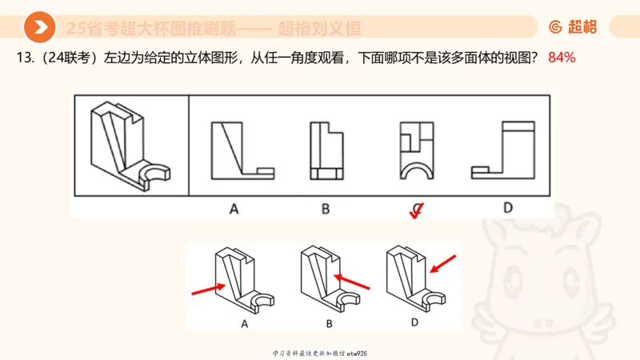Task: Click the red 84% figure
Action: [562, 58]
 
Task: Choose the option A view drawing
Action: [242, 150]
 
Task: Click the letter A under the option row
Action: [234, 209]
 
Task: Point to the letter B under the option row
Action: [326, 209]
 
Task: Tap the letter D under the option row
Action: [508, 208]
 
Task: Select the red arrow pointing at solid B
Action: [352, 282]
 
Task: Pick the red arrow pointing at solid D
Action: [444, 263]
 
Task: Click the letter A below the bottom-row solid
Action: [243, 324]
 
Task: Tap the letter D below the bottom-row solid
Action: [414, 322]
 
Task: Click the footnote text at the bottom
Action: [319, 353]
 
